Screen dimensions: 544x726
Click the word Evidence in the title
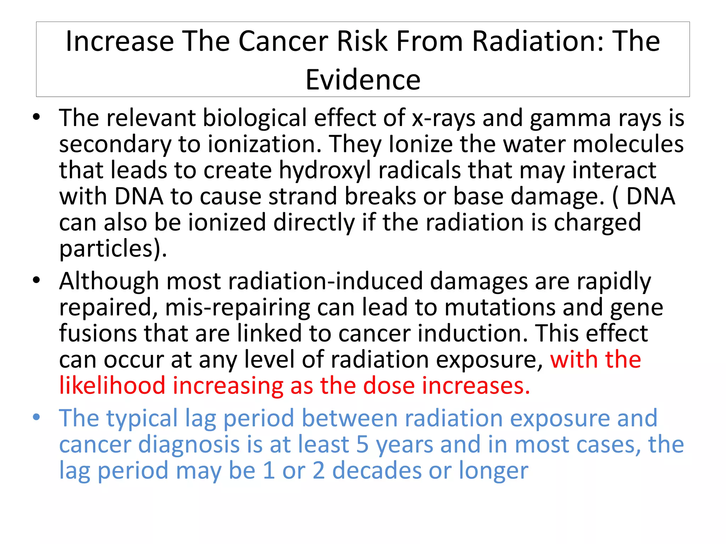[x=363, y=80]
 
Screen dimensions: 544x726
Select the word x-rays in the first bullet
[x=443, y=118]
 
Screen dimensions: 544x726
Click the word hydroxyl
[x=325, y=171]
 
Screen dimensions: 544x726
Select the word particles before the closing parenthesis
[x=106, y=249]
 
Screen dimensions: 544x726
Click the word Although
[x=109, y=282]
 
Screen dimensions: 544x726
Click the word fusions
[x=97, y=334]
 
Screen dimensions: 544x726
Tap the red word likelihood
[x=112, y=386]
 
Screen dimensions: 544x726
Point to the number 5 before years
[x=362, y=445]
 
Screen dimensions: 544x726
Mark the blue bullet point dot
[x=36, y=417]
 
